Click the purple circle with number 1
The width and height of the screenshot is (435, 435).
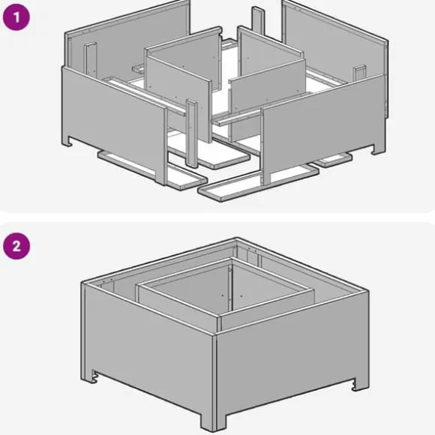tap(16, 17)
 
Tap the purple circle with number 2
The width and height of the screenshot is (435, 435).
tap(16, 246)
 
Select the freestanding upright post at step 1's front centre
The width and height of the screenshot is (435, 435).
tap(192, 133)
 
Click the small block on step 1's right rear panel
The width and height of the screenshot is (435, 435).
tap(359, 73)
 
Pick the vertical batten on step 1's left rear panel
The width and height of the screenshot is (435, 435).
tap(91, 60)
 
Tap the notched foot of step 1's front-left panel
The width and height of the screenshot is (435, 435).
tap(67, 141)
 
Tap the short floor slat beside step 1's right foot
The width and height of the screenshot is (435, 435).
tap(334, 160)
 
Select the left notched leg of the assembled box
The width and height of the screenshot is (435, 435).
tap(91, 376)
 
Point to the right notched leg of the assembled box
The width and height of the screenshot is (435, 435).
tap(361, 384)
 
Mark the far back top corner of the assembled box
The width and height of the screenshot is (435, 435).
tap(235, 238)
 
